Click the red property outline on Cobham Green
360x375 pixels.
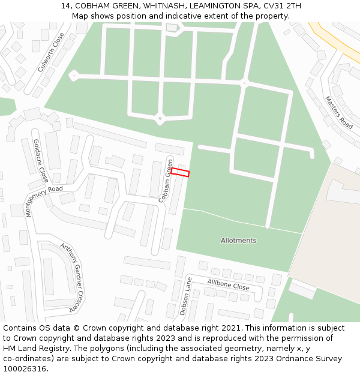(180, 172)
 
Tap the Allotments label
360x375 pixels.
(238, 241)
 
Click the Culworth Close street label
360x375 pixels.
(50, 52)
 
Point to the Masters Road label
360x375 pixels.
(338, 112)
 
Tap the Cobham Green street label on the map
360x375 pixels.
(166, 181)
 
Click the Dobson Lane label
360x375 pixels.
(185, 296)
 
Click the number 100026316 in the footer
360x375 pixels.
(25, 368)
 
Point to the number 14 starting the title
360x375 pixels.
(65, 6)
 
